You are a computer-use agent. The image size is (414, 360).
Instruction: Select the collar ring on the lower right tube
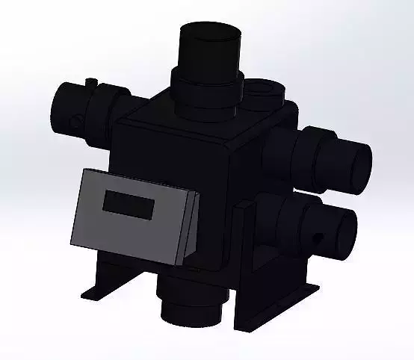[299, 224]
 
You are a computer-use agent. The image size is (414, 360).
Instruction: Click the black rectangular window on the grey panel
[129, 203]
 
